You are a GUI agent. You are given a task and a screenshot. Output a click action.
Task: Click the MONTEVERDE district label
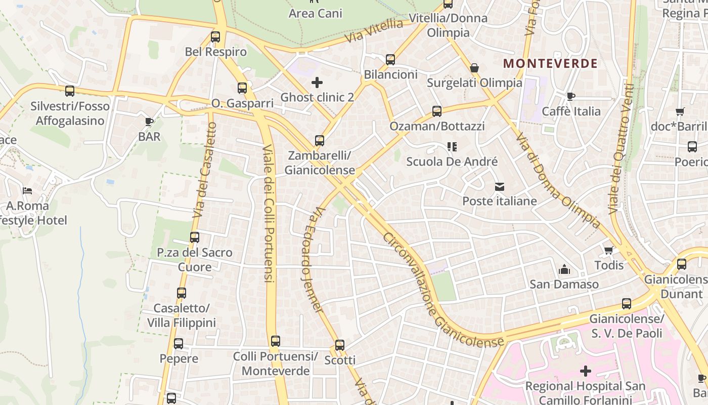click(551, 64)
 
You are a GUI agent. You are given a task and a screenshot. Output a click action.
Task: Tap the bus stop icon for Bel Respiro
click(215, 37)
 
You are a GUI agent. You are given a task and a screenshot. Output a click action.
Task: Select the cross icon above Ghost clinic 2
click(317, 82)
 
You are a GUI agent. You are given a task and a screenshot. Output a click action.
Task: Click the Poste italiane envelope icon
click(500, 187)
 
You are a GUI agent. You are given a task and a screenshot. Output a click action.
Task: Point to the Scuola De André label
click(452, 162)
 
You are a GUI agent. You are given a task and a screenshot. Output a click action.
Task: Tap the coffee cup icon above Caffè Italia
click(571, 96)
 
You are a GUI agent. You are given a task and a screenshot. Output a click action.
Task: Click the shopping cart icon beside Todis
click(609, 251)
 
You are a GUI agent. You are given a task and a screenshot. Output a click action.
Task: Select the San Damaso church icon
click(564, 270)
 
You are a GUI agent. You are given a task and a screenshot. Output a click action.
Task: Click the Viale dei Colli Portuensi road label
click(269, 213)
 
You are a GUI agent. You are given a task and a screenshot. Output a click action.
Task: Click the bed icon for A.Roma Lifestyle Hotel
click(27, 191)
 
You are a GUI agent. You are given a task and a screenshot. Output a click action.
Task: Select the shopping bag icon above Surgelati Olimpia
click(474, 68)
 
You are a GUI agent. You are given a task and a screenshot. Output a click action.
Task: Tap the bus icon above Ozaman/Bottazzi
click(437, 111)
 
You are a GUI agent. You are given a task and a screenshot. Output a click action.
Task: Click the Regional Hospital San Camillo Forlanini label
click(585, 393)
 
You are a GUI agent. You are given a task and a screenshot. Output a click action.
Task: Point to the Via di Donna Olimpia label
click(558, 180)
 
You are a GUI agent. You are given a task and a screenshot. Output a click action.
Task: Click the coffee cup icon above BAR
click(149, 121)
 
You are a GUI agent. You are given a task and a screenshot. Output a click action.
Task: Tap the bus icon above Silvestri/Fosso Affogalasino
click(70, 91)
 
